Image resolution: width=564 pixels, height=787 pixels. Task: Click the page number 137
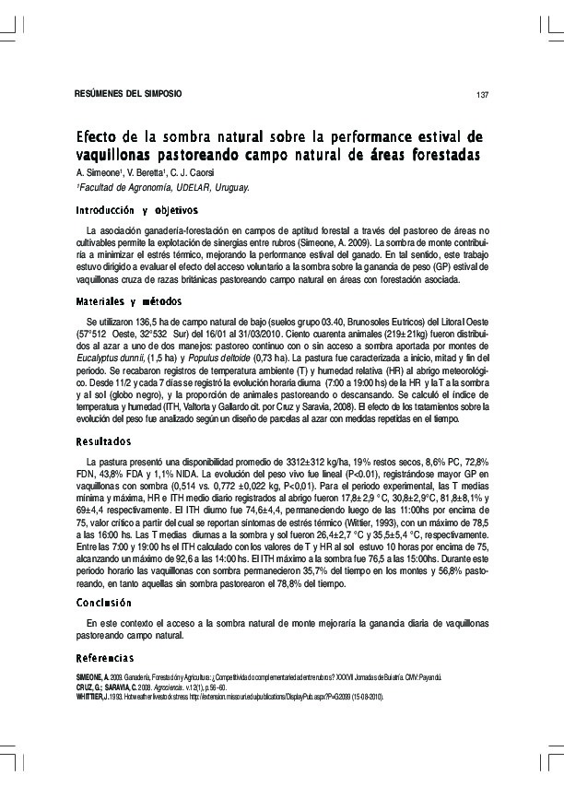tap(481, 95)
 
